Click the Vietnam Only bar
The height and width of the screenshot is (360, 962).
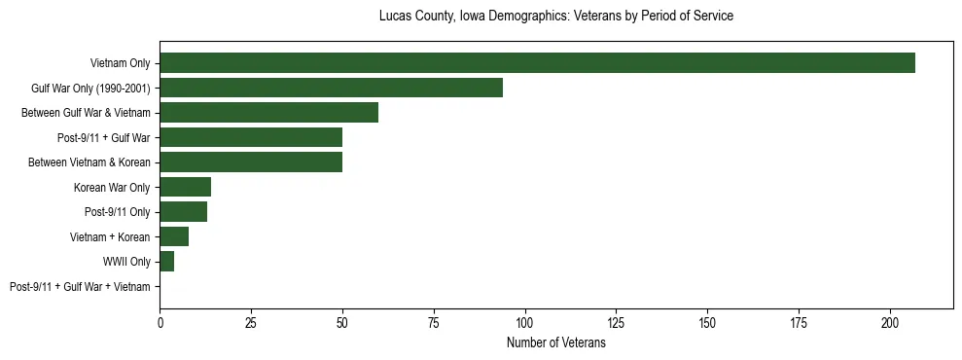537,63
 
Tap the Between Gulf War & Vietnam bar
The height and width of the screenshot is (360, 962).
268,113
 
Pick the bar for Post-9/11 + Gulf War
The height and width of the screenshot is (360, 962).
251,137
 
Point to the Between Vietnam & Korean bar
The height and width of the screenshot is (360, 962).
251,162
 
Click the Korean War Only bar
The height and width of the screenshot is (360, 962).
185,187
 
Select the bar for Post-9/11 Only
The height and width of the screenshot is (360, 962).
183,212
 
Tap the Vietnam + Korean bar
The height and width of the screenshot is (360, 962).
174,236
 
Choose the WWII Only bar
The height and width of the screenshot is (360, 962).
166,262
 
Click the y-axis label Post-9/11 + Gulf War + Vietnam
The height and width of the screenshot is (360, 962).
80,287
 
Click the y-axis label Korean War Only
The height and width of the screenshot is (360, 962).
112,187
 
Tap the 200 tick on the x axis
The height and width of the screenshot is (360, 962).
890,322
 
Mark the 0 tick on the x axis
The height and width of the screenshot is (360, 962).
160,322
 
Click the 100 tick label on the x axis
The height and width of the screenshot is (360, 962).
524,322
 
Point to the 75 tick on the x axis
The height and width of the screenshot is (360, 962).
434,322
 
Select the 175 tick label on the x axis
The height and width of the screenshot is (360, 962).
799,322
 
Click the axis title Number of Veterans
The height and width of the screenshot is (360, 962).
555,343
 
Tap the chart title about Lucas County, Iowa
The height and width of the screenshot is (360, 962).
555,17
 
